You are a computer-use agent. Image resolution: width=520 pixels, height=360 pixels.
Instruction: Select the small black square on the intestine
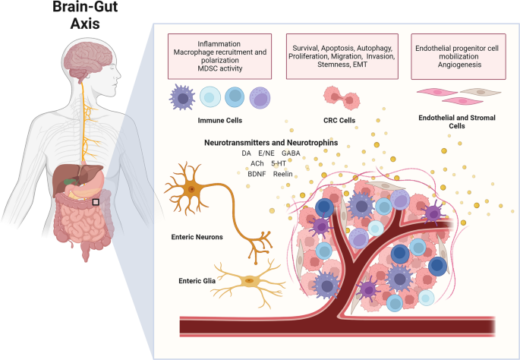pyautogui.click(x=95, y=202)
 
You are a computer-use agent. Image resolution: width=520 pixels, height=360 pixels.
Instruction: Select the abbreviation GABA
pyautogui.click(x=291, y=153)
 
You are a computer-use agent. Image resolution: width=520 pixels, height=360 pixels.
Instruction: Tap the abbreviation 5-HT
pyautogui.click(x=278, y=163)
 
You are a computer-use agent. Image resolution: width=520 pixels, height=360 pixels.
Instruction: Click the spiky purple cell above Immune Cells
pyautogui.click(x=185, y=98)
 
